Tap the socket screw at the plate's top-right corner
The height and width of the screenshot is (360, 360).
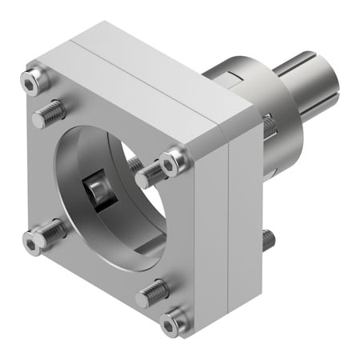pos(171,164)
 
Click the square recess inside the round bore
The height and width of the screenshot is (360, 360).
pos(98,190)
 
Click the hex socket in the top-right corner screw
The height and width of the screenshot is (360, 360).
pos(171,164)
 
